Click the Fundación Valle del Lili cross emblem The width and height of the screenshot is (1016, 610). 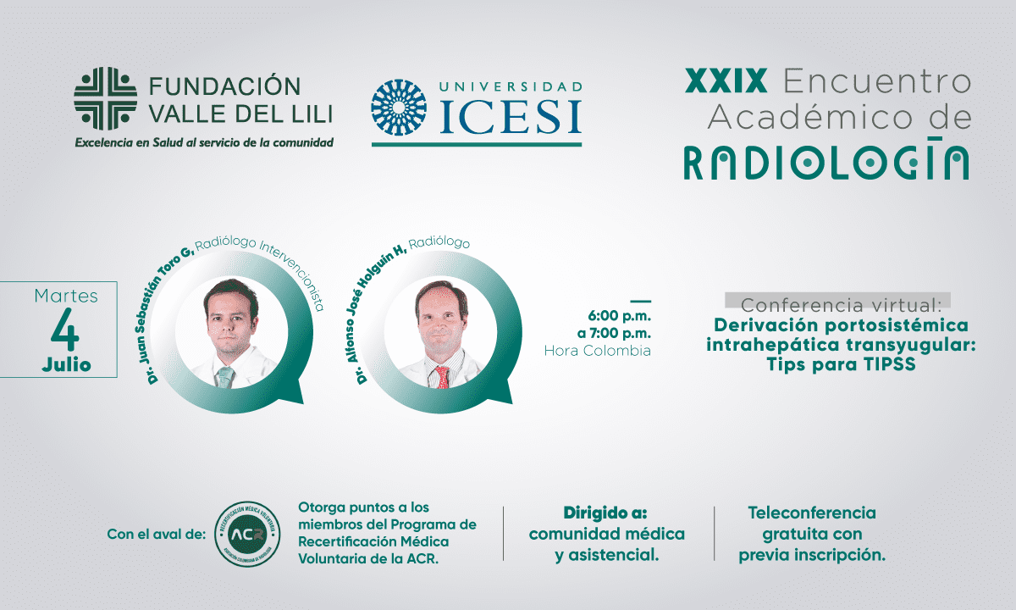[x=105, y=98]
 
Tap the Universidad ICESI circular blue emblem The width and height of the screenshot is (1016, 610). [x=399, y=108]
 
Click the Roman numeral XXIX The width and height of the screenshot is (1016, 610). [x=726, y=80]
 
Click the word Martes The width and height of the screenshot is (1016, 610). [x=66, y=296]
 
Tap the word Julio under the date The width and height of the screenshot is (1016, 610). [x=66, y=364]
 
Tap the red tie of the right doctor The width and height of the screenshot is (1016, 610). [x=441, y=377]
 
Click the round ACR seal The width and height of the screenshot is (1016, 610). [x=247, y=535]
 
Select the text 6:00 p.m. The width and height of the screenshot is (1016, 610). [x=619, y=315]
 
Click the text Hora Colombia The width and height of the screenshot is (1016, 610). [x=598, y=351]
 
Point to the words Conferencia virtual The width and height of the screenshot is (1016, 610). [x=842, y=306]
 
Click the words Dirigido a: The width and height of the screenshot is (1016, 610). [x=605, y=513]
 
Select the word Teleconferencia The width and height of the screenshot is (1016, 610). [x=812, y=513]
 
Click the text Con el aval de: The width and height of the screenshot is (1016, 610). [x=157, y=535]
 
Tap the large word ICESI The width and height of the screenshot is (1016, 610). [x=511, y=117]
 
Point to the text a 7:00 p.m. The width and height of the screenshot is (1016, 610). [x=614, y=334]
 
